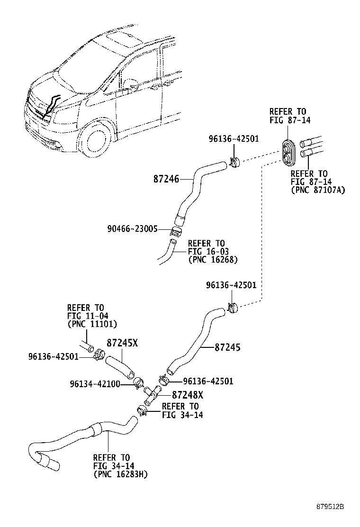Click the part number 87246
[x=166, y=179]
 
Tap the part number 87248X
[x=188, y=395]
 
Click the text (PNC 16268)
[x=213, y=260]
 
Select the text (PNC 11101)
[x=92, y=324]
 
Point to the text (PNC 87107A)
[x=318, y=190]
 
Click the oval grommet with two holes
[x=288, y=153]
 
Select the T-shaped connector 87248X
[x=152, y=394]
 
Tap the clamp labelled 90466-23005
[x=176, y=232]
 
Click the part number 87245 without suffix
[x=227, y=347]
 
